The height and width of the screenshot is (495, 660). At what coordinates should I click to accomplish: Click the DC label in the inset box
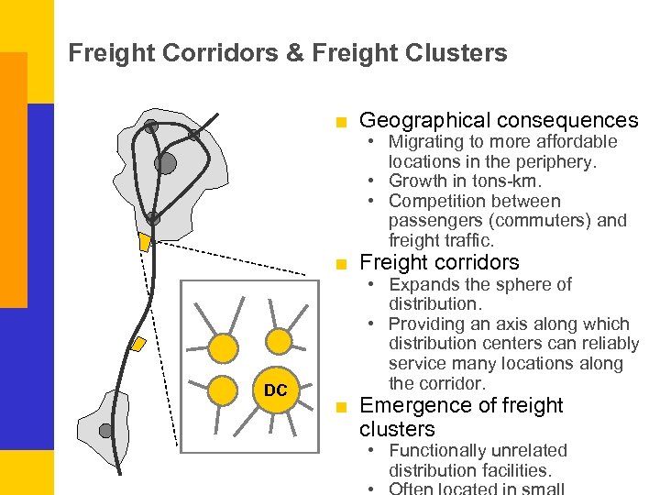(275, 390)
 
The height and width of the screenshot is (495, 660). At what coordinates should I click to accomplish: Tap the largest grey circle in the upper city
(165, 163)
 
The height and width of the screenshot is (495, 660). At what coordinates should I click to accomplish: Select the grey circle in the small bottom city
(106, 430)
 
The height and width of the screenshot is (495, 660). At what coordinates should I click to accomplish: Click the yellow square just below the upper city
(144, 242)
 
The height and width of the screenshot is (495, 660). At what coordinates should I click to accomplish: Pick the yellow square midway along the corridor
(137, 345)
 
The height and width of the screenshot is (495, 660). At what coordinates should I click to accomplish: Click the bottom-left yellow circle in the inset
(223, 391)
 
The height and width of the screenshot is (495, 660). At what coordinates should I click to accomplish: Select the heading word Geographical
(423, 120)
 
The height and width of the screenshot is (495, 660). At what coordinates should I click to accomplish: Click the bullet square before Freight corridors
(342, 264)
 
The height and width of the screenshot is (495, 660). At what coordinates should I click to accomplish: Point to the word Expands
(423, 284)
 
